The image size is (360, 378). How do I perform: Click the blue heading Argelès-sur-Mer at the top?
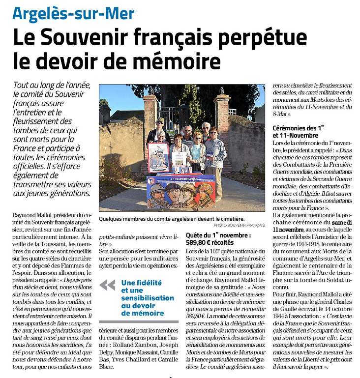pos(73,14)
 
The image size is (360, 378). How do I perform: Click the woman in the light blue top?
pos(197,151)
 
